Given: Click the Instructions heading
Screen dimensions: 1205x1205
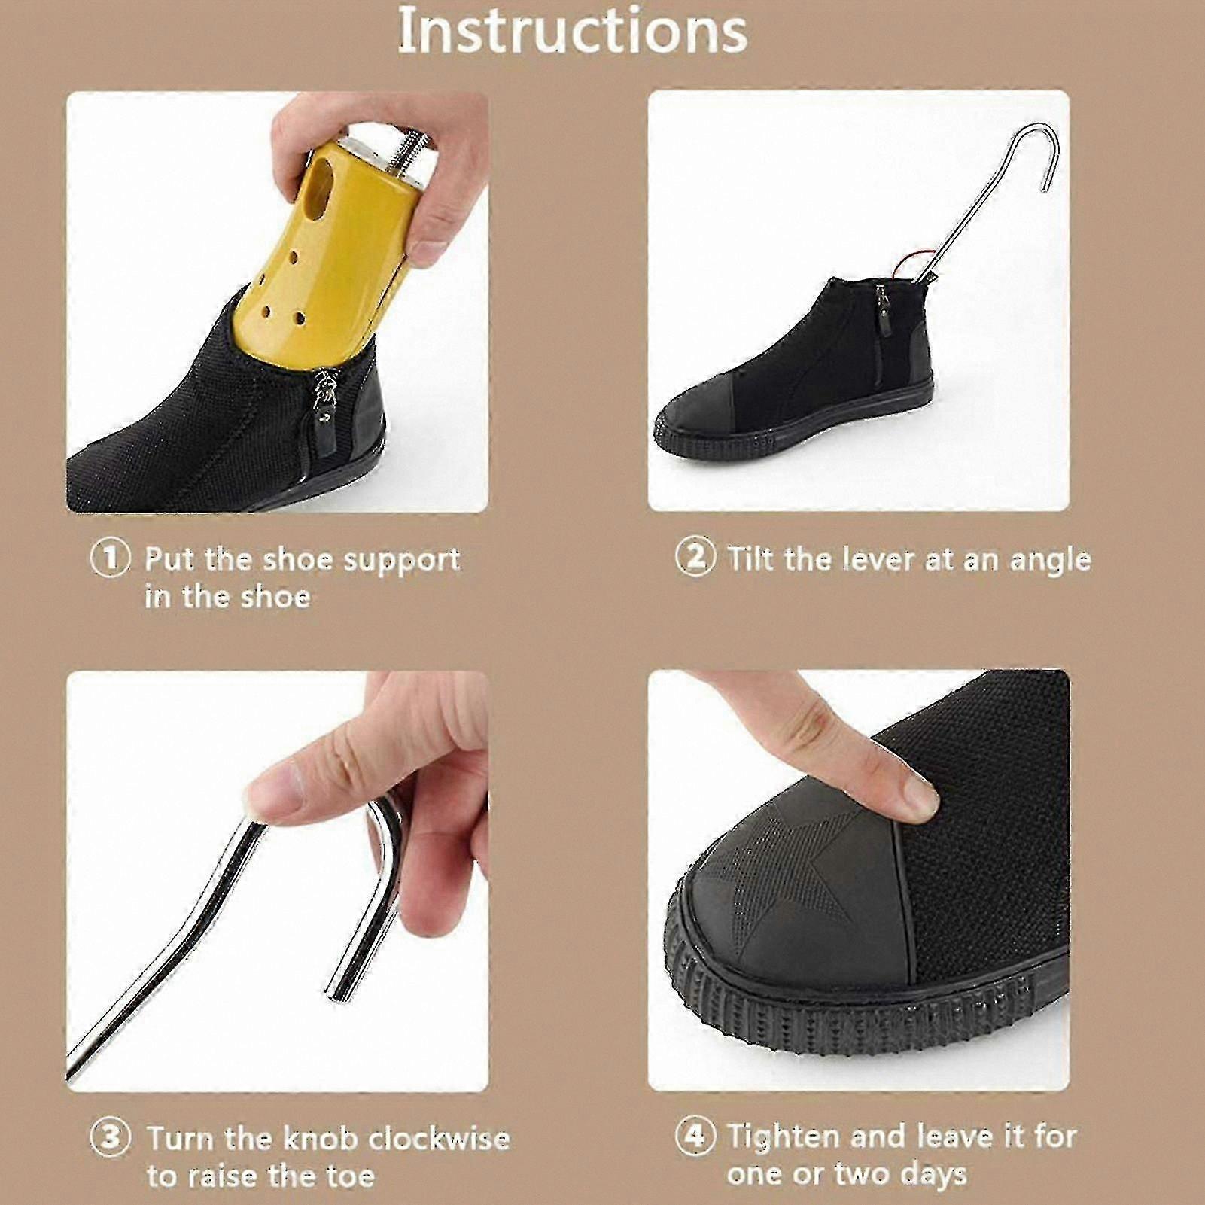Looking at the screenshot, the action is point(572,31).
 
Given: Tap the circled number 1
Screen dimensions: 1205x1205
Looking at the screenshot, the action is point(110,558).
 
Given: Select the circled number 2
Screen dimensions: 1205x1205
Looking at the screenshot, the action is point(695,558).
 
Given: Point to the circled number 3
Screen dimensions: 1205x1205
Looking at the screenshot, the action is point(110,1138).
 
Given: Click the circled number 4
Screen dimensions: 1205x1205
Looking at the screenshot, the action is point(695,1136).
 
